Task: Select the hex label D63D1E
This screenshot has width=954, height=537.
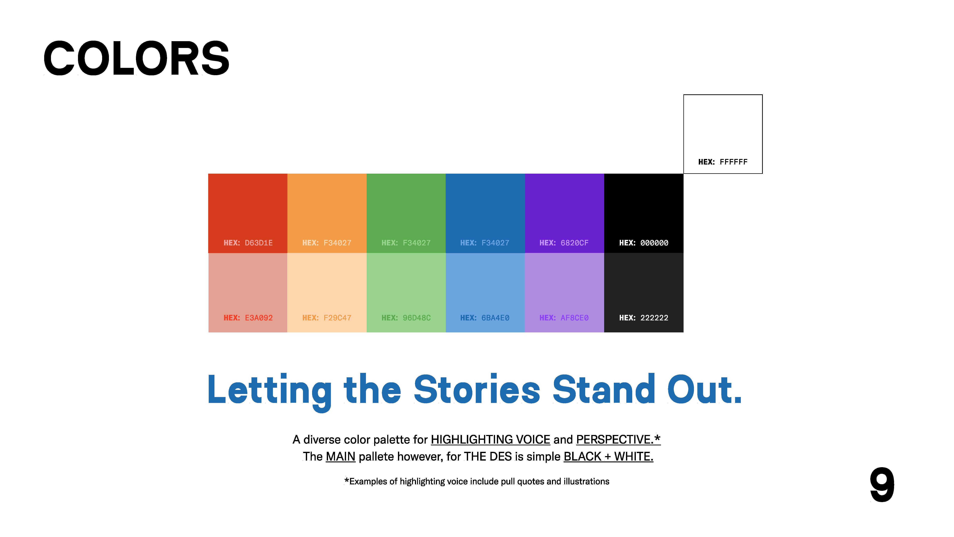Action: [248, 243]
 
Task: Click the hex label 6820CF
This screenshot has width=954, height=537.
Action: [564, 243]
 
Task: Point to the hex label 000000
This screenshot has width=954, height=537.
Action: [644, 243]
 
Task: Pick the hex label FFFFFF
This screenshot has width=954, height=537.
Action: [723, 162]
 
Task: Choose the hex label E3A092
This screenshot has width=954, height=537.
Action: [248, 318]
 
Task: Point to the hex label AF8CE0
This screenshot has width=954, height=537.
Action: [564, 318]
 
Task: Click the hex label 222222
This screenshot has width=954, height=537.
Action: [644, 318]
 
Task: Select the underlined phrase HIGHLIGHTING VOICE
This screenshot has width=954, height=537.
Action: [490, 439]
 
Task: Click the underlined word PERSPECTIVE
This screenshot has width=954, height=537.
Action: [615, 439]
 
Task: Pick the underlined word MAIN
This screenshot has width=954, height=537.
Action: [340, 457]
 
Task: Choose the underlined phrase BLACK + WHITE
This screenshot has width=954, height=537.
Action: [608, 457]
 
